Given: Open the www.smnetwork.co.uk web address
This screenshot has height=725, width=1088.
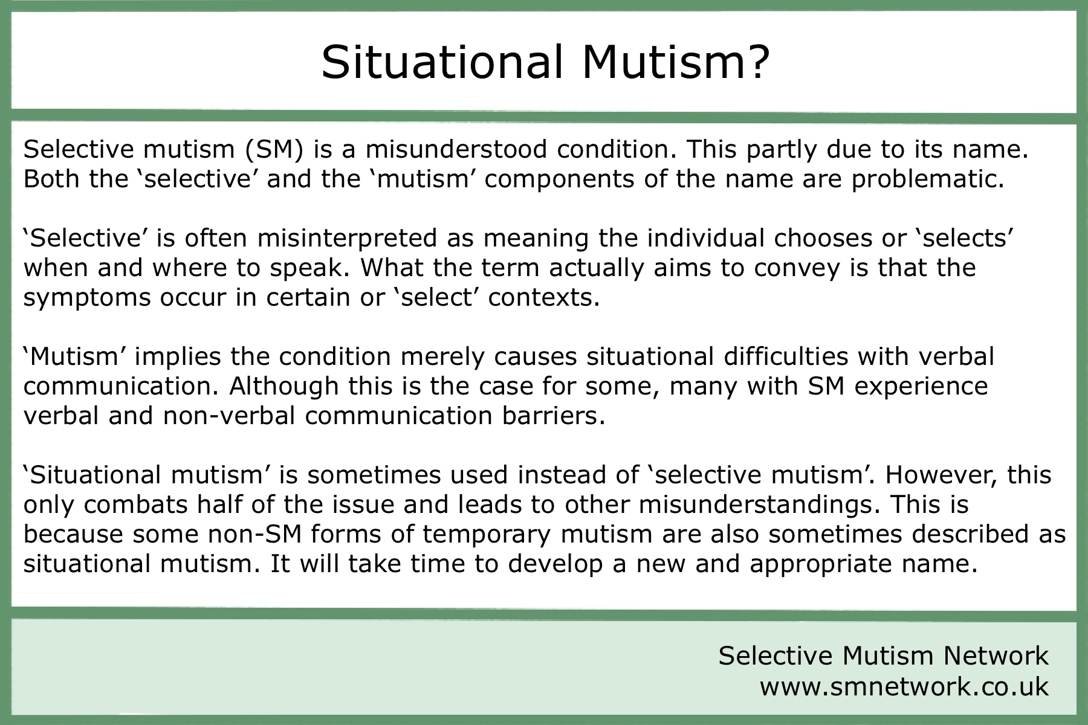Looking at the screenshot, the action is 904,686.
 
